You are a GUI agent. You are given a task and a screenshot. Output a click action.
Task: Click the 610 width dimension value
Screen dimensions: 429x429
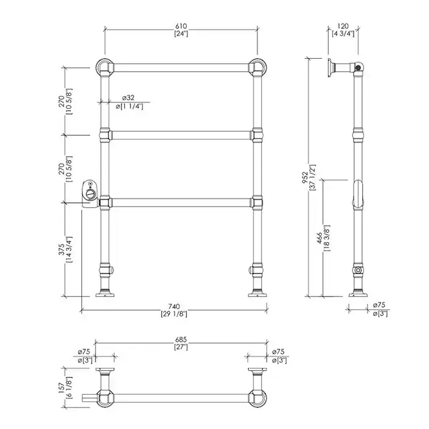click(x=181, y=26)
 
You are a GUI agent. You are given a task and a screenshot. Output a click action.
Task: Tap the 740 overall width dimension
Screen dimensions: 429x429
click(x=174, y=306)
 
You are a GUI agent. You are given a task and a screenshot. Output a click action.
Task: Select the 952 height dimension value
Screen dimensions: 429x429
click(x=306, y=178)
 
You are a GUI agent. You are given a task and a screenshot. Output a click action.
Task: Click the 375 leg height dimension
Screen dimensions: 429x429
click(x=61, y=249)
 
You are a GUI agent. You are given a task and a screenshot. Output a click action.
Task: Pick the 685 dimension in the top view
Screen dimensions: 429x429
click(x=181, y=340)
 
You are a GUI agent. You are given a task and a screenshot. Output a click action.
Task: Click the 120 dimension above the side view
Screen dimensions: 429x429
click(x=343, y=26)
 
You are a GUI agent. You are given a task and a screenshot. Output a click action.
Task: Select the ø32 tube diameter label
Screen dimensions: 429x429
click(x=128, y=97)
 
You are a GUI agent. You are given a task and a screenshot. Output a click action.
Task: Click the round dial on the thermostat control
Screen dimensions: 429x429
click(x=91, y=194)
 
